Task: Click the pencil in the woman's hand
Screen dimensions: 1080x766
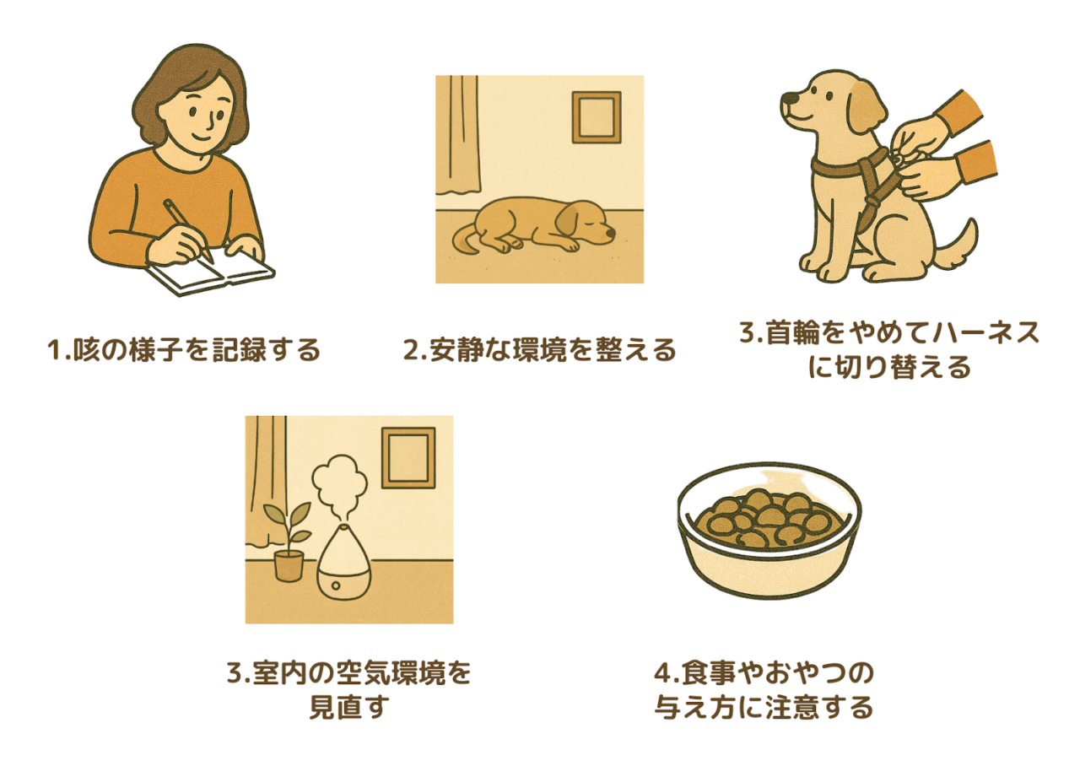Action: pos(188,230)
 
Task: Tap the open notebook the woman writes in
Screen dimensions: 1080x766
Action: pos(211,272)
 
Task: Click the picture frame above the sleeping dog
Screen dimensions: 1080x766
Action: pos(597,117)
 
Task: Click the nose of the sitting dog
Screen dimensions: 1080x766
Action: pos(787,99)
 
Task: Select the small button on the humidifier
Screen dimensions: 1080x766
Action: pos(336,586)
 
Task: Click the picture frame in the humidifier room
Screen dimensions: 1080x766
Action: pos(408,458)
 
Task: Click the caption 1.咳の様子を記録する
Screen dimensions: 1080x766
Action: pos(184,349)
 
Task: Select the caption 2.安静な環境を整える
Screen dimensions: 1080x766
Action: pos(539,349)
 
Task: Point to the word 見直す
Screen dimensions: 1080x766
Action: pos(349,707)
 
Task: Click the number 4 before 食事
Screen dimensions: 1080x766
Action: pos(662,673)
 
